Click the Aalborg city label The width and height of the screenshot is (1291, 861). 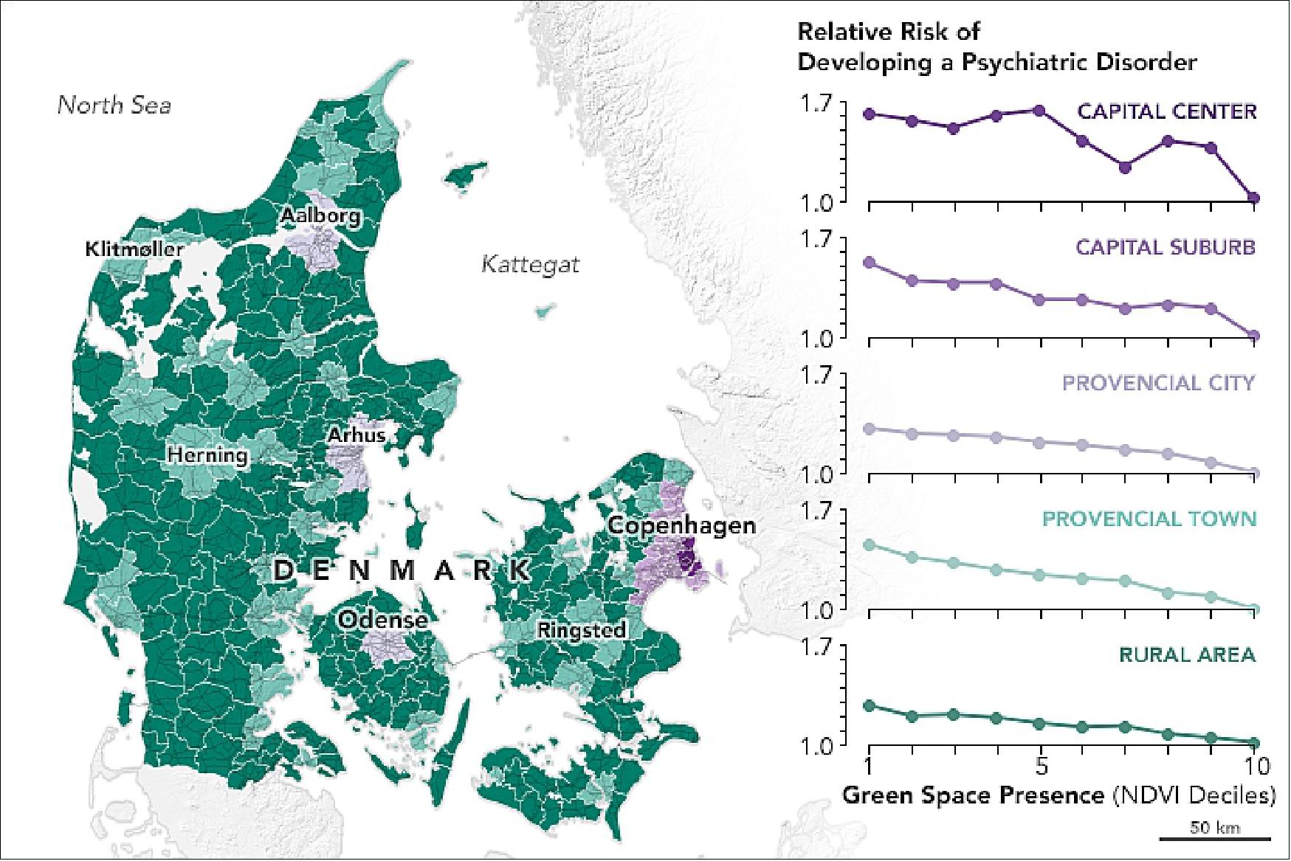coord(320,216)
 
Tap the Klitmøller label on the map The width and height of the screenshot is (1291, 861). coord(134,249)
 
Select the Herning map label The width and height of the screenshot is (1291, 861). coord(207,454)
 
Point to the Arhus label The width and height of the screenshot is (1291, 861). coord(357,435)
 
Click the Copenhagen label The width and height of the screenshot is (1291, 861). coord(681,526)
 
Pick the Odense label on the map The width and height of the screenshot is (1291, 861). coord(382,620)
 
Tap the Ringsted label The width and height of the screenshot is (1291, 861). coord(582,630)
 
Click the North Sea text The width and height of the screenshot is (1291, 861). coord(114,106)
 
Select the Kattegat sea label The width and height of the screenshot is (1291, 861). coord(530,264)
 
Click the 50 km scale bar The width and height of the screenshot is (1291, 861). coord(1214,837)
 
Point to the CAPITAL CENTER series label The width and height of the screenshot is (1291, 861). coord(1166,112)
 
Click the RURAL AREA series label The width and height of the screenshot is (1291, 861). coord(1186,655)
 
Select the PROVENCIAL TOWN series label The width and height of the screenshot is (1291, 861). coord(1149,519)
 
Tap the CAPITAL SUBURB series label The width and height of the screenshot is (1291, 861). coord(1165,247)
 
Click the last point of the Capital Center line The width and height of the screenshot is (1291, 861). coord(1253,198)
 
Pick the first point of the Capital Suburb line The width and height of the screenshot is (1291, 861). coord(870,263)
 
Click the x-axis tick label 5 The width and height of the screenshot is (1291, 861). coord(1041,767)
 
